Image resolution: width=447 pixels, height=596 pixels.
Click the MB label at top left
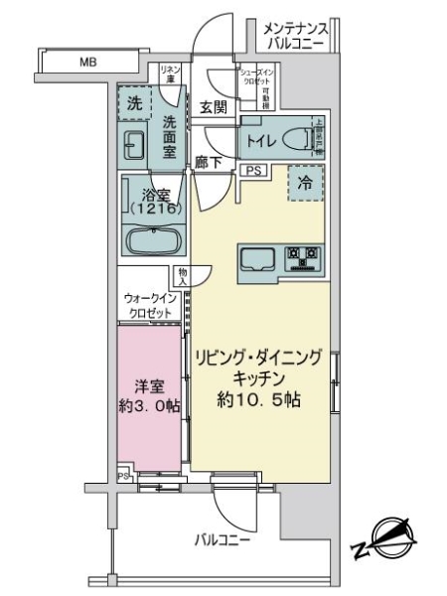[88, 63]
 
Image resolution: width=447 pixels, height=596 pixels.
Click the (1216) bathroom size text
[152, 208]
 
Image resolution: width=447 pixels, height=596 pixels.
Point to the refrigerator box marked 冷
[305, 182]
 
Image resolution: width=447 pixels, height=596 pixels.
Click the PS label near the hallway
[253, 171]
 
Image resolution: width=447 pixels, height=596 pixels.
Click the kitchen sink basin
[261, 259]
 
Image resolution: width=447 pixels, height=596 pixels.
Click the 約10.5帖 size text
[260, 400]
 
